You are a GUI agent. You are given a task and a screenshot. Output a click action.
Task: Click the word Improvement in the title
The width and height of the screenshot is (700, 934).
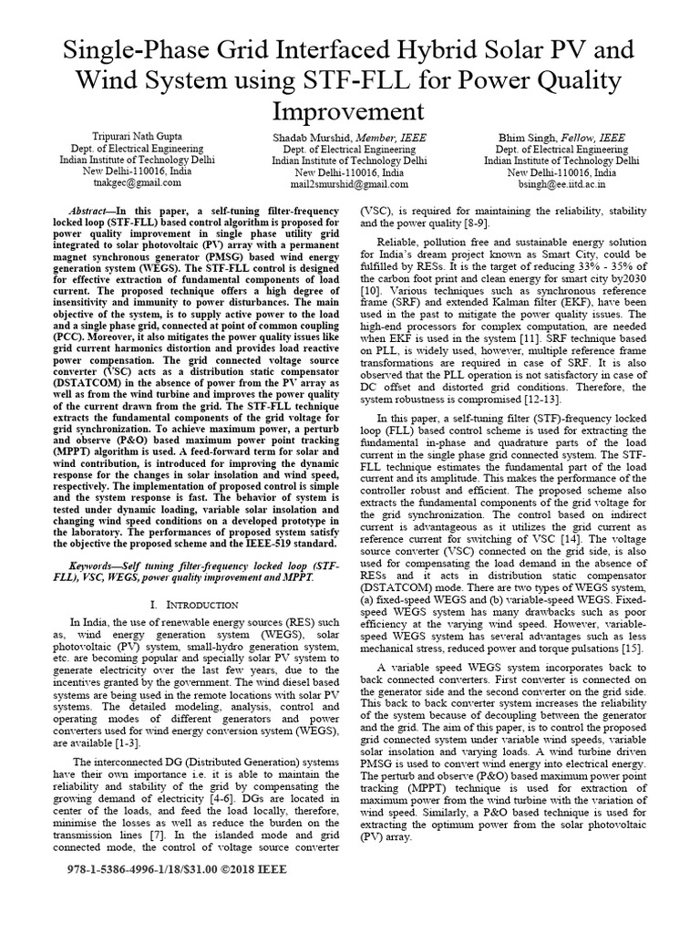coord(349,111)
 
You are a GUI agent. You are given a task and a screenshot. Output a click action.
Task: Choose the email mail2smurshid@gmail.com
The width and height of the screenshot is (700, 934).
coord(349,182)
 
